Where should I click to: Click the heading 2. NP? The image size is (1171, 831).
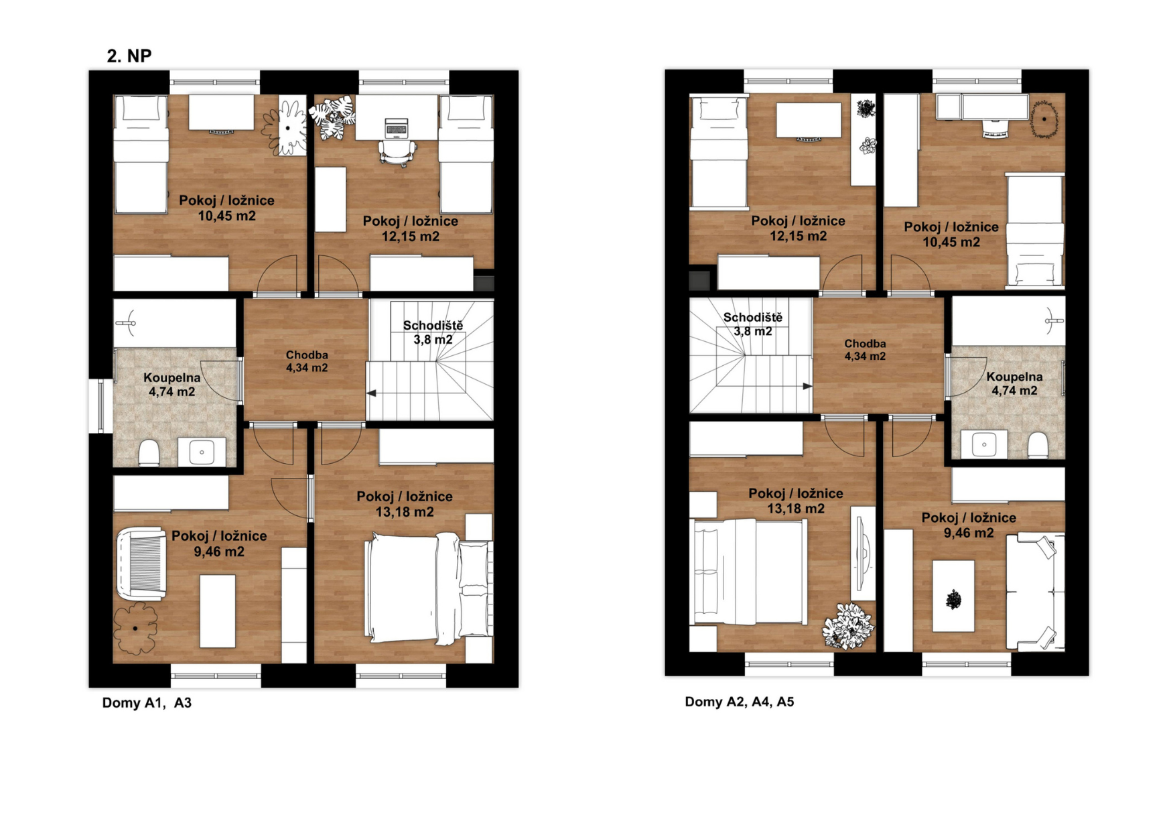click(129, 56)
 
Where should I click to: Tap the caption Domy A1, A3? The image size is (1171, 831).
click(147, 702)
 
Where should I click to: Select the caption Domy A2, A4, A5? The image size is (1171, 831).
click(739, 702)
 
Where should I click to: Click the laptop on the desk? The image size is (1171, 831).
click(396, 127)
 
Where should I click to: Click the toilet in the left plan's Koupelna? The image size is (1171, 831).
click(149, 453)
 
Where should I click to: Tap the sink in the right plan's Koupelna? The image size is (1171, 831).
click(984, 444)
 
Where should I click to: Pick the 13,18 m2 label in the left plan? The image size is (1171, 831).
click(405, 512)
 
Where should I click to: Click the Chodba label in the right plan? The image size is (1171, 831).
click(865, 344)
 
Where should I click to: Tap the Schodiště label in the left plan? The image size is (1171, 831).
click(433, 326)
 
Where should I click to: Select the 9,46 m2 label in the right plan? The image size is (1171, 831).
click(969, 533)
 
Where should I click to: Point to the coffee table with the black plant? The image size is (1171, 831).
click(953, 596)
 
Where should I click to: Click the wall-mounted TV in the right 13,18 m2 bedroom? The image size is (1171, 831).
click(862, 554)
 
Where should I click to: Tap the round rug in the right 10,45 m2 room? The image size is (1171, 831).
click(1044, 119)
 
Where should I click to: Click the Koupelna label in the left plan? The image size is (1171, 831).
click(172, 378)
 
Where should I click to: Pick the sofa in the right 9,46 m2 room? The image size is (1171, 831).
click(1036, 592)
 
